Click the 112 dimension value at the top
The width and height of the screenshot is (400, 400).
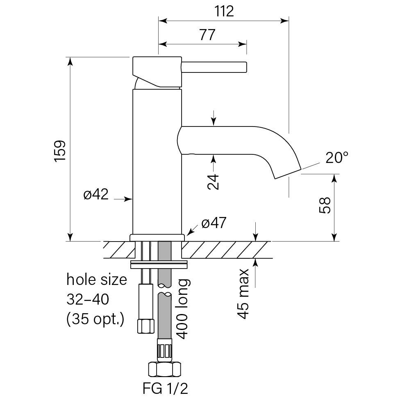[x=224, y=11]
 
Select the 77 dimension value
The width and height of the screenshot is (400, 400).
[x=207, y=35]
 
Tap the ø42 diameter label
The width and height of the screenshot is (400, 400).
[x=96, y=194]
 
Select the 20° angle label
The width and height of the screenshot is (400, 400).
[x=337, y=158]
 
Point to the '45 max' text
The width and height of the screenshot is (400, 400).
[x=243, y=294]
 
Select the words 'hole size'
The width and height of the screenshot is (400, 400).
[x=97, y=280]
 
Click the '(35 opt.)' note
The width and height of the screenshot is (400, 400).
[x=95, y=319]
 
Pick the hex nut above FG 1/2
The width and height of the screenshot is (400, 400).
[x=166, y=369]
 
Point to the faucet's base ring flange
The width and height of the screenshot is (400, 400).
[x=157, y=237]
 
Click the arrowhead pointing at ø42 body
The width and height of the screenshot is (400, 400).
[x=130, y=199]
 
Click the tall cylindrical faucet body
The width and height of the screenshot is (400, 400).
[x=157, y=164]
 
